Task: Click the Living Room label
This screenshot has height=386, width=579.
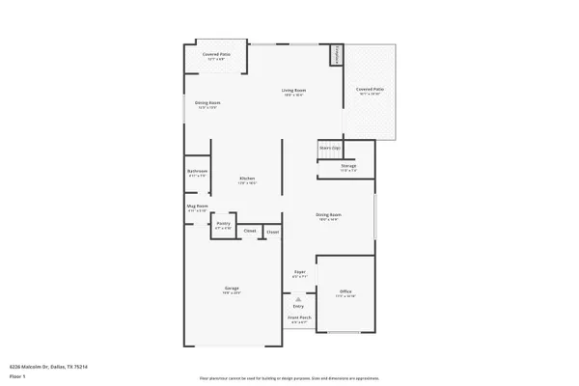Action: coord(293,93)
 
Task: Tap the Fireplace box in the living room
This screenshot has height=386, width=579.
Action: coord(338,55)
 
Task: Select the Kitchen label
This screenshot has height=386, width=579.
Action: coord(247,179)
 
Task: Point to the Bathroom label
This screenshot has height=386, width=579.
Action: coord(197,173)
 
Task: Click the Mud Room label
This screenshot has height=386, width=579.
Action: coord(197,207)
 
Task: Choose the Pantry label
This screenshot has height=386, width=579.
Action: coord(223,225)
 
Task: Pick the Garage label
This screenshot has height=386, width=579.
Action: coord(232,289)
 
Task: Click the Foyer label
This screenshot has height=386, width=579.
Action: coord(299,273)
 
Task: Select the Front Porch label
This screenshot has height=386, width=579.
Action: coord(299,319)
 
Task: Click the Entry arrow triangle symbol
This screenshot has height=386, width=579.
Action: coord(299,299)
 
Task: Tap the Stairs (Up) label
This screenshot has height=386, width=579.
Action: coord(330,148)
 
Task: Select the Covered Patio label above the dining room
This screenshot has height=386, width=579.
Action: coord(215,56)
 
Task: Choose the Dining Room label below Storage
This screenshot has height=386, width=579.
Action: coord(328,216)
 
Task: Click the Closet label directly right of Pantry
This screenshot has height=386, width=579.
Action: coord(249,232)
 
